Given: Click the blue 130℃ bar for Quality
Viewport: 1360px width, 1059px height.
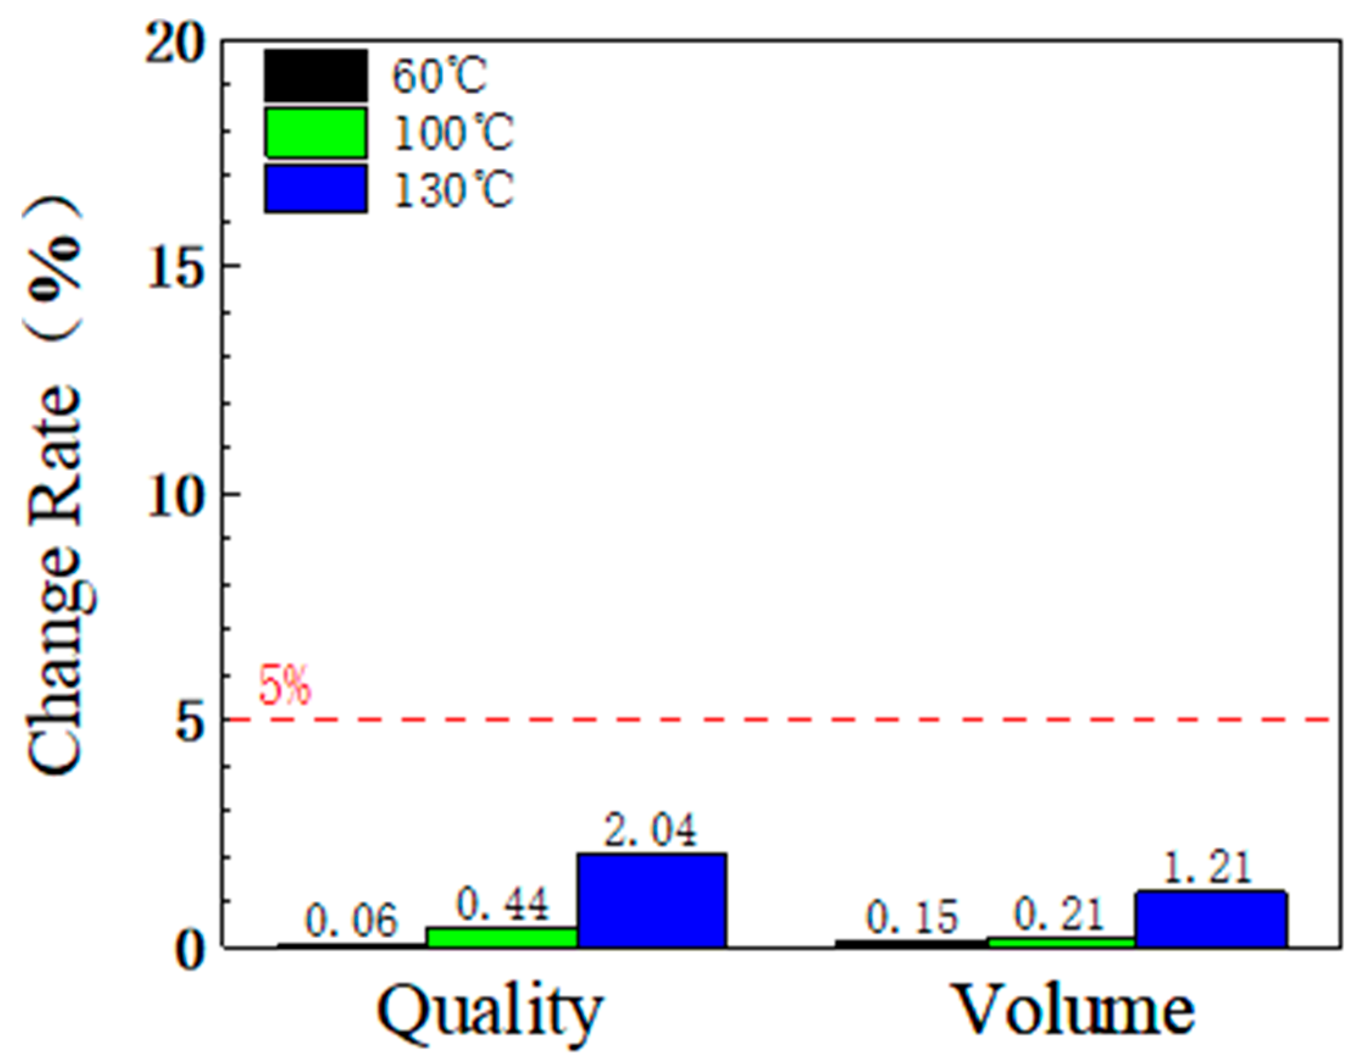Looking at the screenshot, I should pyautogui.click(x=652, y=901).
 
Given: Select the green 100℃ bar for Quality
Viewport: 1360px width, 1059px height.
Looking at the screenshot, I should pyautogui.click(x=502, y=938).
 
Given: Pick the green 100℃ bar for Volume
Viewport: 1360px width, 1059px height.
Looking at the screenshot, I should pyautogui.click(x=1061, y=942).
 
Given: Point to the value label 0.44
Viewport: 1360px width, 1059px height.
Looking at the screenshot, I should pyautogui.click(x=503, y=905).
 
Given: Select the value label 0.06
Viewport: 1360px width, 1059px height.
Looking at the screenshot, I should pyautogui.click(x=352, y=921).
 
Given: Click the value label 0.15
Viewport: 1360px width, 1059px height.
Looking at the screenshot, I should pyautogui.click(x=912, y=918).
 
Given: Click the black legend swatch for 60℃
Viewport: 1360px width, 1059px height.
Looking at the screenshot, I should pyautogui.click(x=316, y=76).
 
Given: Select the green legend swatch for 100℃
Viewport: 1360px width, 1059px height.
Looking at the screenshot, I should pyautogui.click(x=316, y=132).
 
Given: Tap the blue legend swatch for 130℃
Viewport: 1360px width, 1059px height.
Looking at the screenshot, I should pyautogui.click(x=316, y=188).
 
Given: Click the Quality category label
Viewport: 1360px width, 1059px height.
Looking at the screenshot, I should pyautogui.click(x=490, y=1010).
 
